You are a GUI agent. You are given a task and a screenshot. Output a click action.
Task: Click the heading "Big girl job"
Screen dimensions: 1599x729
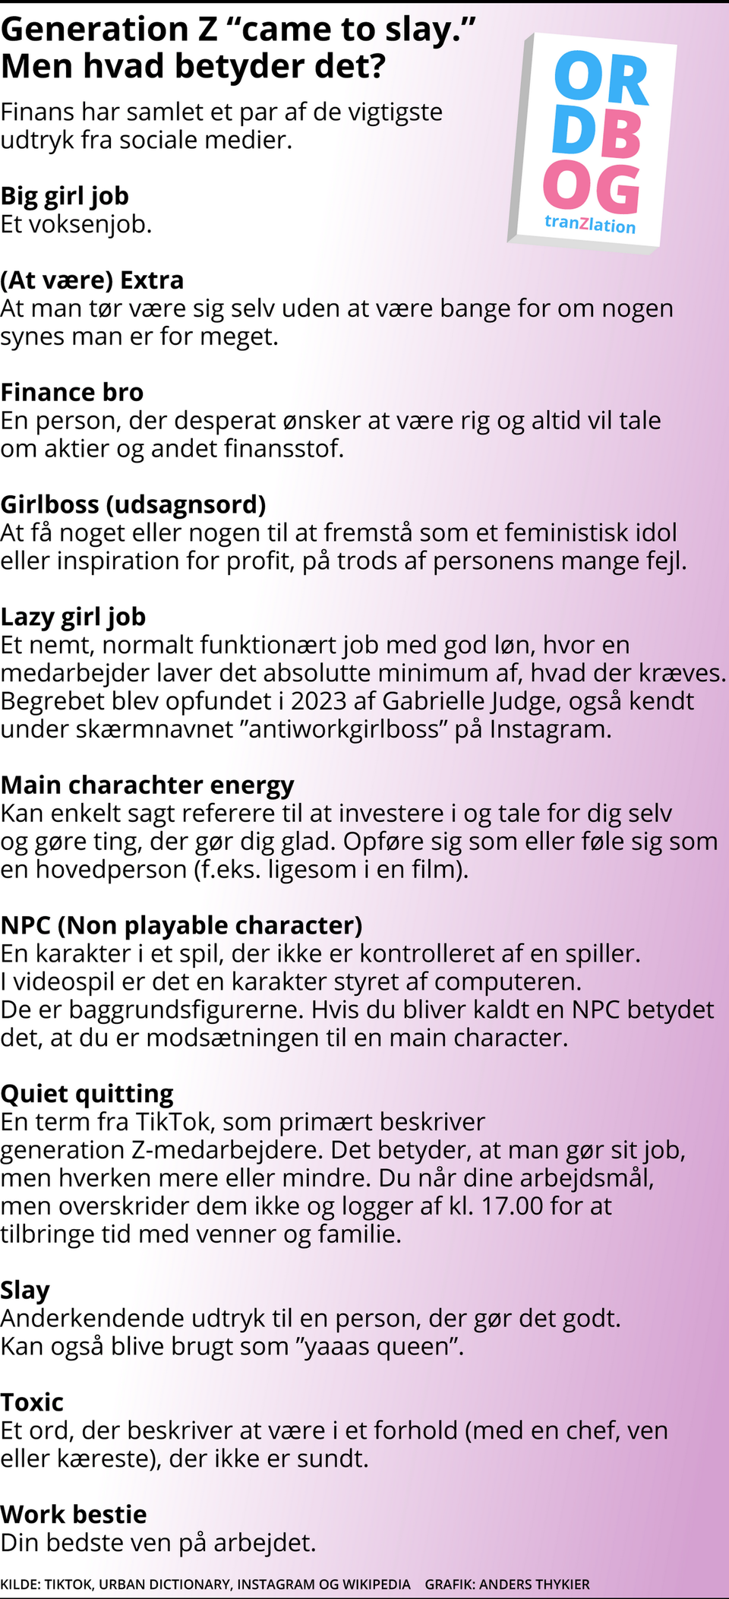[x=65, y=196]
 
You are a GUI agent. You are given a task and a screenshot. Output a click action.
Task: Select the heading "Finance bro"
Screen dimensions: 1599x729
[x=72, y=392]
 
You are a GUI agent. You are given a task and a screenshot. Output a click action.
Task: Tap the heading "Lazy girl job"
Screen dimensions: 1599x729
[x=73, y=617]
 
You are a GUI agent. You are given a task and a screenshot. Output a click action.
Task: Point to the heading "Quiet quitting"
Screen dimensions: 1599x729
[x=87, y=1093]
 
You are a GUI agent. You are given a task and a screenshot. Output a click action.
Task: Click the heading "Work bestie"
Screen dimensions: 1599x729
[x=74, y=1514]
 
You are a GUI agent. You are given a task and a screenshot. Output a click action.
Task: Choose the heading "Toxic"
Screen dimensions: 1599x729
[x=32, y=1401]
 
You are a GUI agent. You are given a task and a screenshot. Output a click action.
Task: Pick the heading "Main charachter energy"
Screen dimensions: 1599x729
[x=147, y=785]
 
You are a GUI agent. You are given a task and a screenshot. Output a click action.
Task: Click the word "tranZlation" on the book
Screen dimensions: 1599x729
[x=590, y=224]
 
